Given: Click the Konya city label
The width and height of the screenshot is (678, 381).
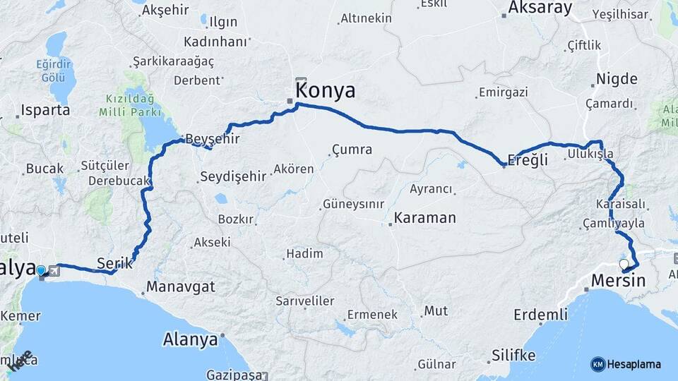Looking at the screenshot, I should tap(325, 91).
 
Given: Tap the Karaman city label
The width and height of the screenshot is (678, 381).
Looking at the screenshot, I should tap(424, 217).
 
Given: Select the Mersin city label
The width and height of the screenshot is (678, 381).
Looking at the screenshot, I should tap(619, 280).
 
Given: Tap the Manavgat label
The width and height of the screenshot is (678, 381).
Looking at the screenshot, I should tap(180, 288).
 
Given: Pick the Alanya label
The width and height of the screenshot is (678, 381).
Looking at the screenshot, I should tap(190, 339).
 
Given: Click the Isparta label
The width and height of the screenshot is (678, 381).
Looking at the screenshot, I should tap(45, 110).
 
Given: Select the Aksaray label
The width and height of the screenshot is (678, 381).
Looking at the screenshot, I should tap(539, 8).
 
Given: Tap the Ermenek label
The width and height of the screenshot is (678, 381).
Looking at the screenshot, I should tap(371, 315).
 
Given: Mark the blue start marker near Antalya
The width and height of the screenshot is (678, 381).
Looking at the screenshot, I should tap(41, 270).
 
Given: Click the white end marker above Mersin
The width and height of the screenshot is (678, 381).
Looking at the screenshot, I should tap(624, 265).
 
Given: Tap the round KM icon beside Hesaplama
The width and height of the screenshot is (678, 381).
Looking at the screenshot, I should tap(598, 364).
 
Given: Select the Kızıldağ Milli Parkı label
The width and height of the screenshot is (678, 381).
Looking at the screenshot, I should tap(132, 104).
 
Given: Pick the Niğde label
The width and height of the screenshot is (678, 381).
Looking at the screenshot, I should tap(617, 78).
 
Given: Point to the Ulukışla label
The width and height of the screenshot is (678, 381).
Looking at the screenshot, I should tap(590, 154).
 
